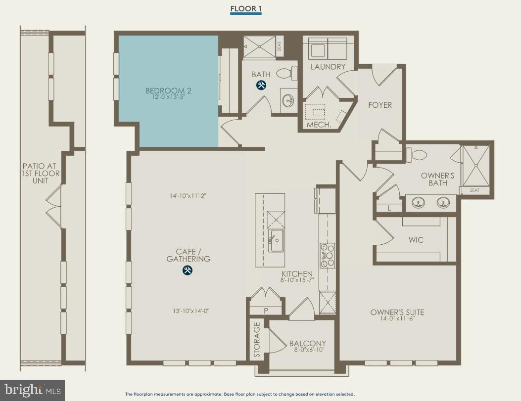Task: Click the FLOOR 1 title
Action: [245, 9]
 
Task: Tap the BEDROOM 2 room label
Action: [168, 90]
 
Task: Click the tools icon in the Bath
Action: [261, 85]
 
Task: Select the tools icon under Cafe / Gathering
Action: [188, 270]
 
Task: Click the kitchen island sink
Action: [276, 240]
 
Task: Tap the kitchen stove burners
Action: [327, 255]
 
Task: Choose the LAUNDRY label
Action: [328, 67]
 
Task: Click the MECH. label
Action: [319, 125]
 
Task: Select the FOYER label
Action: [380, 105]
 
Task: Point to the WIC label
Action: [416, 240]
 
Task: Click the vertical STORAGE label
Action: [257, 340]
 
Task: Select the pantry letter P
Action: [266, 311]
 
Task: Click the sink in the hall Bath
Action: [288, 101]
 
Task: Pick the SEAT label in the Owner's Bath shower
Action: [474, 190]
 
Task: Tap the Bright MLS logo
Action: [32, 390]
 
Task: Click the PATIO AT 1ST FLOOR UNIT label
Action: [41, 174]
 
